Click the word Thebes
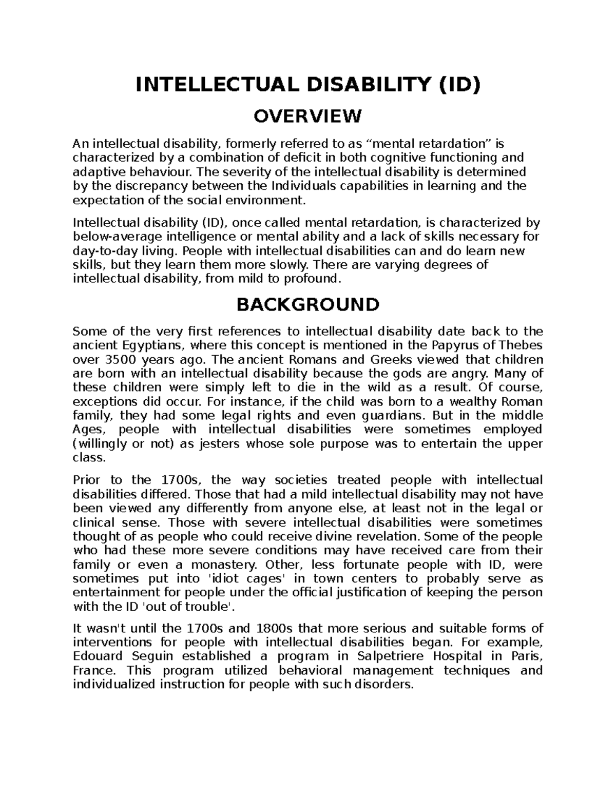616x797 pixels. [x=521, y=345]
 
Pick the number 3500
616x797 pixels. [x=119, y=359]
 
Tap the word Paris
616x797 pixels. [x=524, y=656]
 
